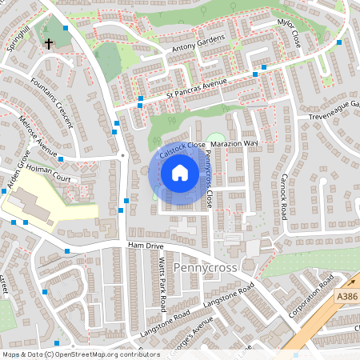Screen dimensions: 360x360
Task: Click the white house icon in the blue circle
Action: pyautogui.click(x=180, y=173)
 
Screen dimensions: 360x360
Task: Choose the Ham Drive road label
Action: pyautogui.click(x=145, y=247)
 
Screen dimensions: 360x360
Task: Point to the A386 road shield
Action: pyautogui.click(x=346, y=297)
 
